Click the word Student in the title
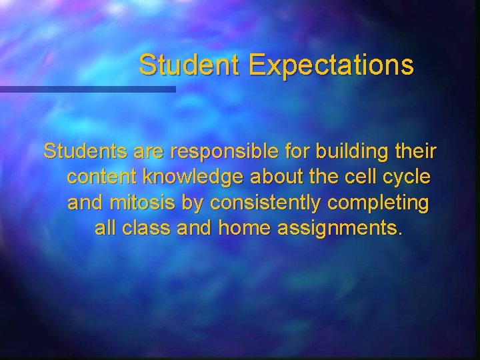pos(190,65)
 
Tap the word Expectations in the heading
pos(331,65)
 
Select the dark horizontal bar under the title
pos(87,89)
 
